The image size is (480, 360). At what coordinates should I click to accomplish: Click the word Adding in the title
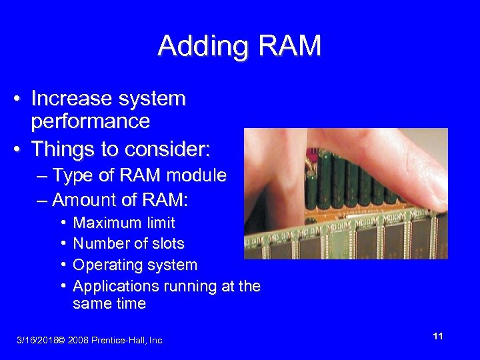tap(199, 46)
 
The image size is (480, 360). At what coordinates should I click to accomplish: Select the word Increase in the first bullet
tap(71, 99)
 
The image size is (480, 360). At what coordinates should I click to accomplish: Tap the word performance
tap(90, 122)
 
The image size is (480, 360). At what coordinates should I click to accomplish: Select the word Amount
tap(84, 200)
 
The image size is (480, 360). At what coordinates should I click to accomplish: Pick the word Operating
tap(105, 265)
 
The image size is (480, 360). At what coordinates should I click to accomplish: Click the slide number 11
tap(437, 337)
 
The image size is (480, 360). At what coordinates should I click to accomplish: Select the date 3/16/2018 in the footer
tap(37, 341)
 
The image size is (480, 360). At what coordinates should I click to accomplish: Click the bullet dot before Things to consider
tap(22, 147)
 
